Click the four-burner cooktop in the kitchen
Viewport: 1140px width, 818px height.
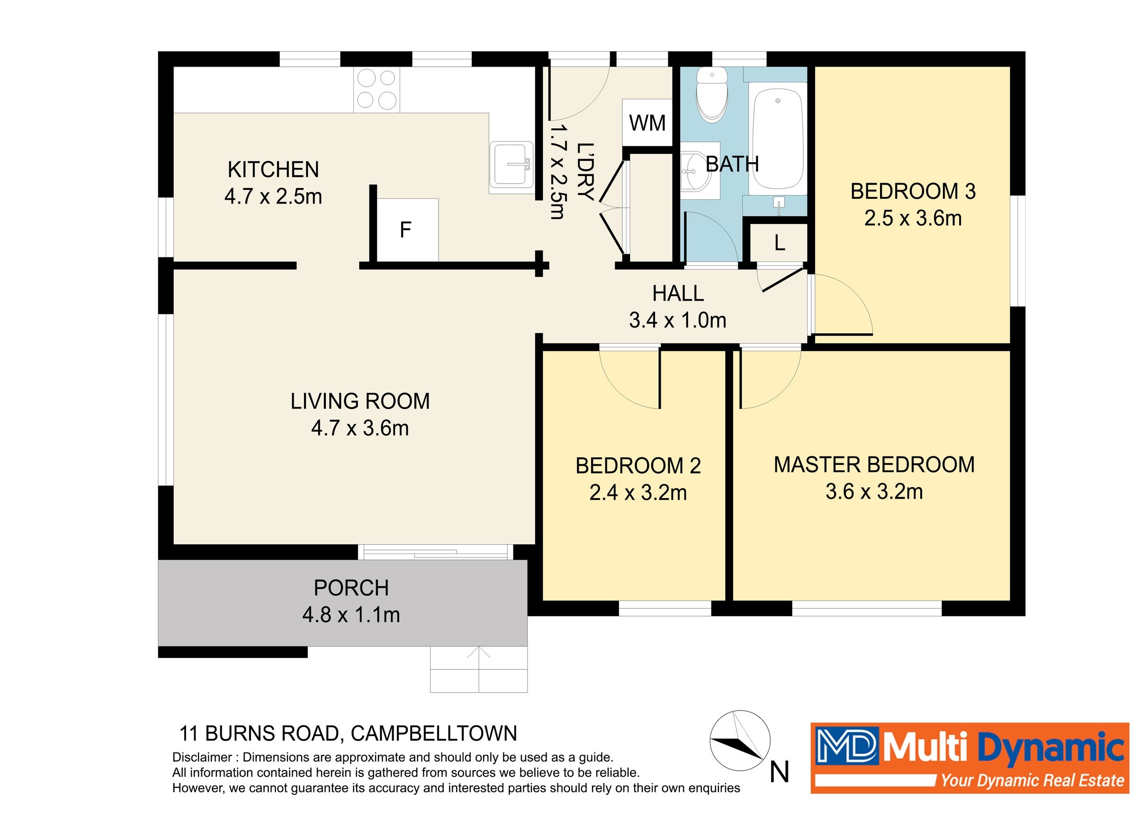click(377, 90)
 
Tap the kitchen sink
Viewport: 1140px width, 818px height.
click(511, 165)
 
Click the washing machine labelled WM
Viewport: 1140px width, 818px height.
click(647, 123)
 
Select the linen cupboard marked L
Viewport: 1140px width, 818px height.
click(779, 243)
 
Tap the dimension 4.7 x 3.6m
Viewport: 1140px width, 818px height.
click(360, 428)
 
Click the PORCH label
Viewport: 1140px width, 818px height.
click(351, 588)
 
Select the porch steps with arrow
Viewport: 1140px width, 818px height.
click(478, 669)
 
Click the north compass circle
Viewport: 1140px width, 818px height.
click(739, 741)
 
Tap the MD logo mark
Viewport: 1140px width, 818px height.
click(846, 745)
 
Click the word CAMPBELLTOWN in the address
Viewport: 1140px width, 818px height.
click(434, 734)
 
